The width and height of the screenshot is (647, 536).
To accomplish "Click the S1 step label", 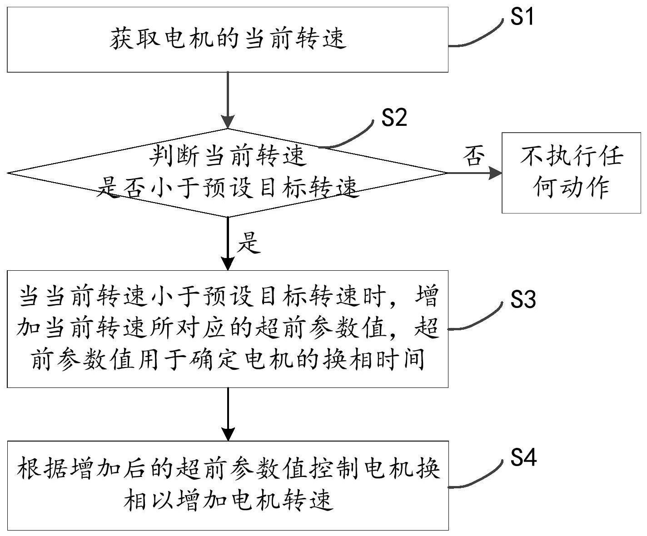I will (x=522, y=17).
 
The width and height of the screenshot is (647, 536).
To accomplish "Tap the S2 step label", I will (x=394, y=118).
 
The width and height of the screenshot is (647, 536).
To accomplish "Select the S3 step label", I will (x=523, y=300).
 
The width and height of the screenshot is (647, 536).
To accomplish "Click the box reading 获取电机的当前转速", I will (x=227, y=40).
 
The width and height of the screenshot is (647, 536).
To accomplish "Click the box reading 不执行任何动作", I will (x=571, y=173).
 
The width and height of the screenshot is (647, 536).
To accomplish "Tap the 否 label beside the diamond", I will (x=473, y=157).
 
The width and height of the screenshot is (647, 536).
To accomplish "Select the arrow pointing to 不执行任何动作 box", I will (x=475, y=173).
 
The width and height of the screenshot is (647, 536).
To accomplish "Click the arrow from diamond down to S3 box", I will (x=227, y=243).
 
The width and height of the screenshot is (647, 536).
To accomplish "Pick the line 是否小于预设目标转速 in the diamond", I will (x=227, y=187).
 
